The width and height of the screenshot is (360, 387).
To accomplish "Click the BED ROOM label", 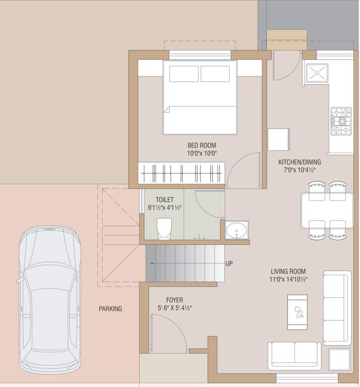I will click(x=201, y=146).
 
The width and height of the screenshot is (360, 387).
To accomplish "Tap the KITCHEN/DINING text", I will click(x=300, y=162).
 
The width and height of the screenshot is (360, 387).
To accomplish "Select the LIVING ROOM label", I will click(x=288, y=271).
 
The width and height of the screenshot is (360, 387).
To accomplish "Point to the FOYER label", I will click(x=174, y=300).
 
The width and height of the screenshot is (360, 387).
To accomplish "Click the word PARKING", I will click(x=110, y=309).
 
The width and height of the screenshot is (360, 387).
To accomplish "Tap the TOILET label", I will click(x=165, y=200).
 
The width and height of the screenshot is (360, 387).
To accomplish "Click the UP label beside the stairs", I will click(x=229, y=264).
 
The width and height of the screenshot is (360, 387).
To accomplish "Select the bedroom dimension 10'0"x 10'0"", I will click(x=201, y=154).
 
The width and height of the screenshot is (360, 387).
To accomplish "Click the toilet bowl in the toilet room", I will click(x=165, y=228).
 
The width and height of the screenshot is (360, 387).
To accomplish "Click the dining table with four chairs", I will click(x=327, y=210).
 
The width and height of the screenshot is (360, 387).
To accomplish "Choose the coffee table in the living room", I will click(x=297, y=311).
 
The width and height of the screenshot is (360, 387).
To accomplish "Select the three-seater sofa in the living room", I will click(x=337, y=308).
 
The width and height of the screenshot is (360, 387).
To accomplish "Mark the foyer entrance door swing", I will click(x=165, y=333).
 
